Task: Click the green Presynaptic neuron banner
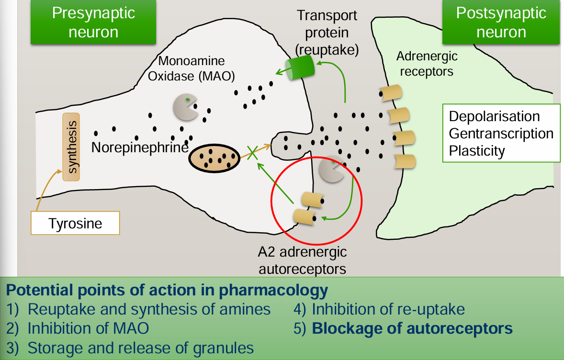93,22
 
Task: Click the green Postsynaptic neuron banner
501,22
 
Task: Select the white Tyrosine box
75,224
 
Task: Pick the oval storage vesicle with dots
214,157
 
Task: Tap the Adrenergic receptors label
427,64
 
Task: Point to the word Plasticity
477,151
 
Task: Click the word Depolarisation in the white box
494,116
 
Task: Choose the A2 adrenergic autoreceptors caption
302,260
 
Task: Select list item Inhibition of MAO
88,329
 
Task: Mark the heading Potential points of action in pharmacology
167,290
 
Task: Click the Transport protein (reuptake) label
327,32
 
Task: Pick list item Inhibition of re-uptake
388,309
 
